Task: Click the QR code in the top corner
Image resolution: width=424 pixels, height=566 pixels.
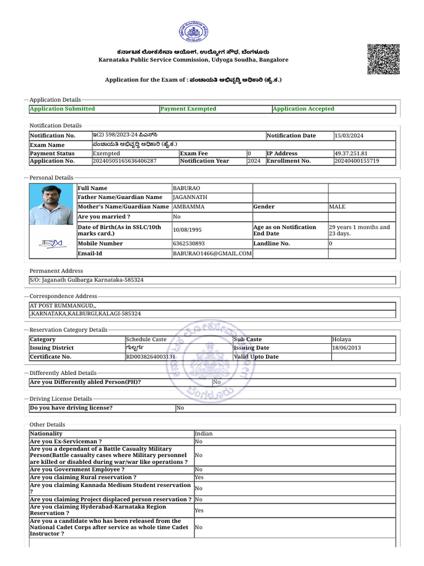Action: [x=384, y=59]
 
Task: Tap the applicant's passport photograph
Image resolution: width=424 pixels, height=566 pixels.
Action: [x=52, y=205]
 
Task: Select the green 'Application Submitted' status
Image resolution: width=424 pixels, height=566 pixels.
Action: [x=62, y=109]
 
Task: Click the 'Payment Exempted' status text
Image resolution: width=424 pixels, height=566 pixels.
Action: [x=188, y=109]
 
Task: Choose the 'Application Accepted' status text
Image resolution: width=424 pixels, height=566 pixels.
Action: [x=303, y=109]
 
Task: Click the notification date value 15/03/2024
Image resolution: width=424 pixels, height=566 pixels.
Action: [x=349, y=136]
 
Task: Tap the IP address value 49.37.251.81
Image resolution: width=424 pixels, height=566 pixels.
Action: [x=351, y=153]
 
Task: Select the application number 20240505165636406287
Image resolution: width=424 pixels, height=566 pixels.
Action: [x=124, y=161]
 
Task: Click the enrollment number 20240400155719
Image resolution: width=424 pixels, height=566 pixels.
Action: [x=357, y=161]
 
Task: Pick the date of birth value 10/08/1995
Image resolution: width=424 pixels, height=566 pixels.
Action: [x=187, y=230]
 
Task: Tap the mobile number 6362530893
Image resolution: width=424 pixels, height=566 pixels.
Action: [x=189, y=243]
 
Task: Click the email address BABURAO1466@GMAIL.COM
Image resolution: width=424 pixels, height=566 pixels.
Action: [x=212, y=254]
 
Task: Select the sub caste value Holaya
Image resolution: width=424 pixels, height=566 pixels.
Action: [x=342, y=339]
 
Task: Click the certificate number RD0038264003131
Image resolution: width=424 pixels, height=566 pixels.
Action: [x=151, y=357]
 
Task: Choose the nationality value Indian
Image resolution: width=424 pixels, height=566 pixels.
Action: [x=204, y=434]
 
